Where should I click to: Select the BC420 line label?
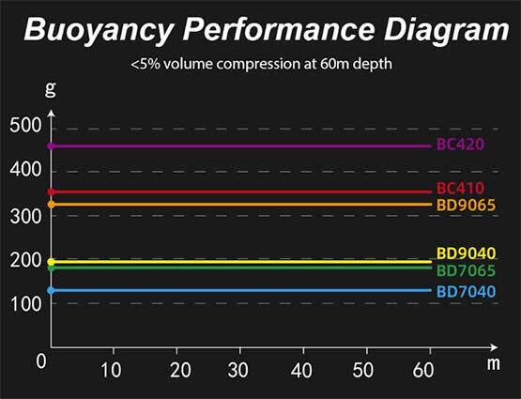pyautogui.click(x=460, y=146)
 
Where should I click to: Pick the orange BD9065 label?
pyautogui.click(x=466, y=205)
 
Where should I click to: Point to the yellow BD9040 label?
pyautogui.click(x=466, y=253)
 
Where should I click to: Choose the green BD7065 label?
pyautogui.click(x=466, y=269)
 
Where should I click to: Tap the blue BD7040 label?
pyautogui.click(x=466, y=291)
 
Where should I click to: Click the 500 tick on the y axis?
pyautogui.click(x=25, y=128)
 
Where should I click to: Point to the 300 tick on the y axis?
pyautogui.click(x=25, y=216)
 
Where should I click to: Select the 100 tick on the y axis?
pyautogui.click(x=25, y=304)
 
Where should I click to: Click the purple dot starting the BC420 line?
pyautogui.click(x=52, y=146)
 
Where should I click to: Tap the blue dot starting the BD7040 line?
pyautogui.click(x=52, y=291)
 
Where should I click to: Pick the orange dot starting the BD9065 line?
pyautogui.click(x=52, y=204)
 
